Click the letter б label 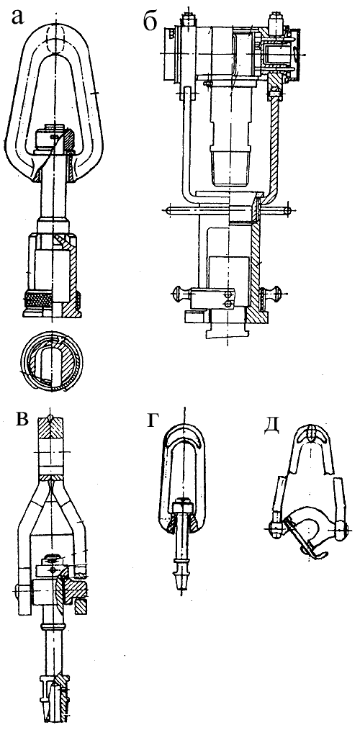pos(150,21)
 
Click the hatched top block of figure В pos(52,426)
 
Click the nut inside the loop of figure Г pos(181,505)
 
